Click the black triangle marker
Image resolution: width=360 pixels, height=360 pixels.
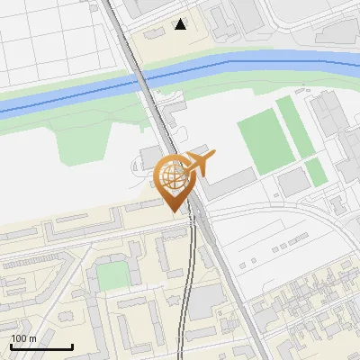click(180, 24)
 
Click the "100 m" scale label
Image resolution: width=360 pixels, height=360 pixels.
click(22, 338)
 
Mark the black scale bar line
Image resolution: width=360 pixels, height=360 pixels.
click(41, 346)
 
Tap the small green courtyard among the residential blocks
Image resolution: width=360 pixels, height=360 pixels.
click(112, 275)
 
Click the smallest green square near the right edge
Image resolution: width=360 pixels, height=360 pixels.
click(316, 172)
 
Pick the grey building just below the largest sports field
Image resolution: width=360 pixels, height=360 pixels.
click(293, 184)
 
